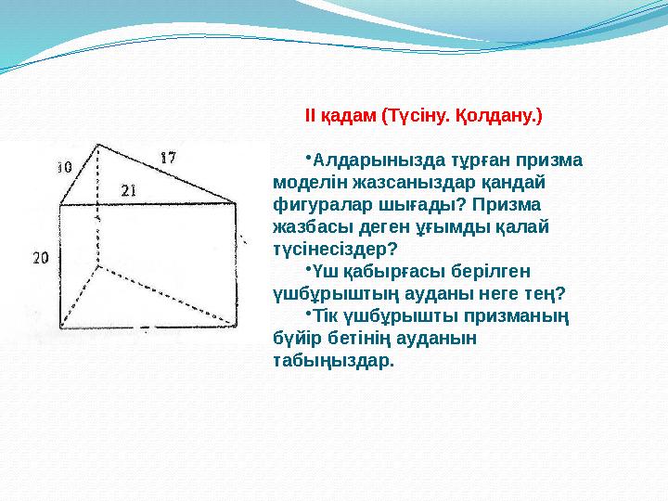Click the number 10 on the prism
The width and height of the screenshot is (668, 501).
point(64,168)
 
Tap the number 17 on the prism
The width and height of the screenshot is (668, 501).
point(167,157)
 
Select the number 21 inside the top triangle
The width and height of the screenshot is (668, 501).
point(130,190)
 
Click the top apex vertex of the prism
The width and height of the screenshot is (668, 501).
point(99,145)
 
